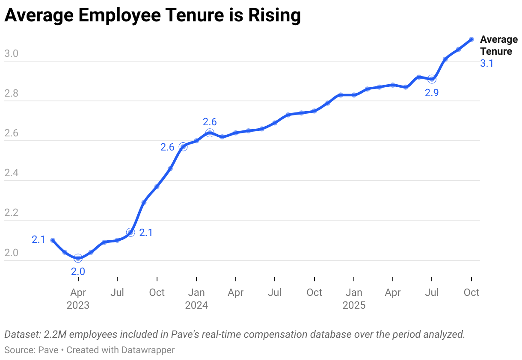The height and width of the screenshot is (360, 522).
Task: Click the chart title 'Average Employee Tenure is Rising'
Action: click(152, 16)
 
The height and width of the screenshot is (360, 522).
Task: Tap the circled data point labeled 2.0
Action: click(78, 258)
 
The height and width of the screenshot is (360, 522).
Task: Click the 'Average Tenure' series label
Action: click(498, 45)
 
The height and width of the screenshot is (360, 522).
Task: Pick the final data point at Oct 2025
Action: click(471, 39)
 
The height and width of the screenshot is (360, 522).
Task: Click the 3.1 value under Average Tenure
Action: click(487, 64)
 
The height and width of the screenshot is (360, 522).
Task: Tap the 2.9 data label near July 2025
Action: click(431, 93)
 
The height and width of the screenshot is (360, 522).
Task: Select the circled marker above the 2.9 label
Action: click(432, 79)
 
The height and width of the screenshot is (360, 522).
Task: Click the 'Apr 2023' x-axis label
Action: click(78, 299)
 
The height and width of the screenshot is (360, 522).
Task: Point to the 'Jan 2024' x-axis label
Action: click(196, 299)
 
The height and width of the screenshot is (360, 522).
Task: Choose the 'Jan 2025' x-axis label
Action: click(354, 299)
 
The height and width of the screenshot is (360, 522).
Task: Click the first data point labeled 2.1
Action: click(53, 240)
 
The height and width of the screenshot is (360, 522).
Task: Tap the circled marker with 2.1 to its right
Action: click(130, 233)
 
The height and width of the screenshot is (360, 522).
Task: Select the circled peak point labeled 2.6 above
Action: click(210, 133)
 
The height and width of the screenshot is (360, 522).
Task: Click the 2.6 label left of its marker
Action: click(167, 147)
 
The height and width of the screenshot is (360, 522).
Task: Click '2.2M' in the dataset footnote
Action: click(53, 334)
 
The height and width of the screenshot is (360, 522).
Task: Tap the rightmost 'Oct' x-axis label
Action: click(471, 292)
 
